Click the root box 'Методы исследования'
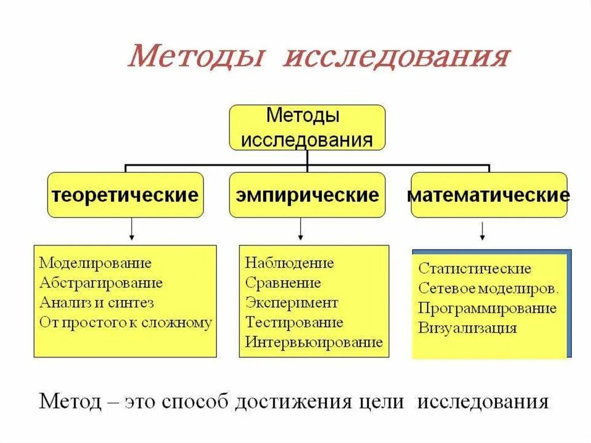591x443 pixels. (307, 128)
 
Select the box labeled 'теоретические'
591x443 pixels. (125, 195)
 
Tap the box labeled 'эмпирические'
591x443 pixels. (307, 195)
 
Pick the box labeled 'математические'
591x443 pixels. (488, 195)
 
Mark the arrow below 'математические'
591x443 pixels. (482, 230)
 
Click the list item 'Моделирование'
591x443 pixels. (95, 263)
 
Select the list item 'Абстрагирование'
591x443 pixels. (101, 283)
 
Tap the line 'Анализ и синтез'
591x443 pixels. (96, 303)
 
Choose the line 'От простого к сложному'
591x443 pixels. (125, 322)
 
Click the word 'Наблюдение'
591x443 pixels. (289, 263)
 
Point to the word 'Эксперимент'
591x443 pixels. (291, 303)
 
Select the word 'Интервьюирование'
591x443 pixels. (313, 342)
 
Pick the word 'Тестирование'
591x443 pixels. (294, 322)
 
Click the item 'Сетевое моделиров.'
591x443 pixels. (488, 288)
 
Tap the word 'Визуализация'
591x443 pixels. (467, 328)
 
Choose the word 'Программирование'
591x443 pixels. (487, 308)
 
